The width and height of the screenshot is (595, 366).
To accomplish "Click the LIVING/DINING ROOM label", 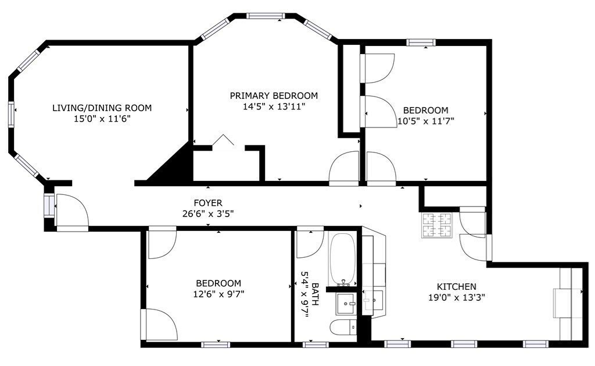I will point(102,108).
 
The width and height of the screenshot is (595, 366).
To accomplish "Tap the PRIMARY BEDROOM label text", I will point(274,95).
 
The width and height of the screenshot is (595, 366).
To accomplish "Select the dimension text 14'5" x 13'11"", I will point(274,106).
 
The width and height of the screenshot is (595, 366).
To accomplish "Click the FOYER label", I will point(208,202).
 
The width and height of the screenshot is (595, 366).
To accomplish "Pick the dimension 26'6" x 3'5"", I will point(208,214).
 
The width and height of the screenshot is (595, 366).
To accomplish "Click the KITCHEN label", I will point(456,286).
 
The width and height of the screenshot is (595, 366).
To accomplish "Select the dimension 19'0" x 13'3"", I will point(456,297).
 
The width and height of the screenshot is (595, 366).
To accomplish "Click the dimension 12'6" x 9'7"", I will point(218,294).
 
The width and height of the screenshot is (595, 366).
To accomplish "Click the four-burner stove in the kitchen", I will point(437,225).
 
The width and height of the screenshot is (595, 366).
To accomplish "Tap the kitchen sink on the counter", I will point(372,300).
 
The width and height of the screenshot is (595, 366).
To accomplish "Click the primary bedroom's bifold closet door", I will point(223,141).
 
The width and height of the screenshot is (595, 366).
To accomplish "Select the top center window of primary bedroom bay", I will point(266,16).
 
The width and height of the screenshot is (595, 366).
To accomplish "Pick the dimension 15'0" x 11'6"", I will point(102,119).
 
